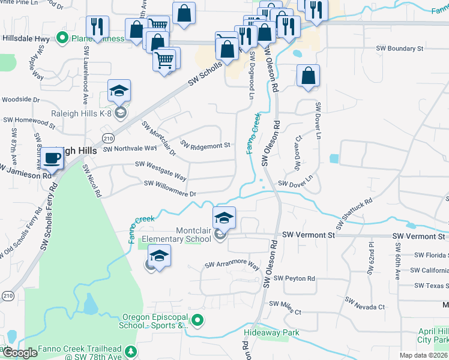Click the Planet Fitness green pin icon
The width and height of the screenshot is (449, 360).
[62, 39]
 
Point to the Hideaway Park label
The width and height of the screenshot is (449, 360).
[271, 332]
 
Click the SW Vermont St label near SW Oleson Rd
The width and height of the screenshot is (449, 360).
[308, 235]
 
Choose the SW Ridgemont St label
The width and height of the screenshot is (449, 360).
[205, 145]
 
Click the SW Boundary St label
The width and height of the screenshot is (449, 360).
[399, 48]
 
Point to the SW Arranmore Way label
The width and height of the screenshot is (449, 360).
[232, 265]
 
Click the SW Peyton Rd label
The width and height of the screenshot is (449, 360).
[294, 278]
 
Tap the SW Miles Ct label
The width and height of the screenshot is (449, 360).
[285, 307]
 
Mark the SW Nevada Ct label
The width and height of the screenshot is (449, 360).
[365, 307]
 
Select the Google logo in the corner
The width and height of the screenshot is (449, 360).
[19, 353]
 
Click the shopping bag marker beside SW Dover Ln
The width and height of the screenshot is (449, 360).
[308, 76]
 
